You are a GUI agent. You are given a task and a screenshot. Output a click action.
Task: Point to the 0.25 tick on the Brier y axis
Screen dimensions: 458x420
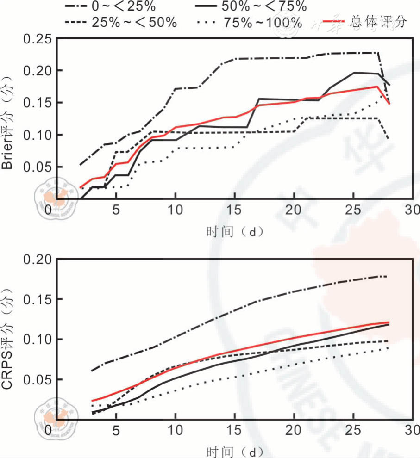(37, 39)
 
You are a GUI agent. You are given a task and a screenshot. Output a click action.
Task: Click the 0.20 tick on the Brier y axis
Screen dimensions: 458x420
(37, 71)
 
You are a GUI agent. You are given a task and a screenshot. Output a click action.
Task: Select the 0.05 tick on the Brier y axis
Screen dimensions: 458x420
(37, 167)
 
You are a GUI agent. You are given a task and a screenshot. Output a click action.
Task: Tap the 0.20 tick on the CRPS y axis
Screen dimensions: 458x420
(37, 259)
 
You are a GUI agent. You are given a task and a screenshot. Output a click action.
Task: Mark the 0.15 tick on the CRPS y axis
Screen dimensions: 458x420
(37, 299)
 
